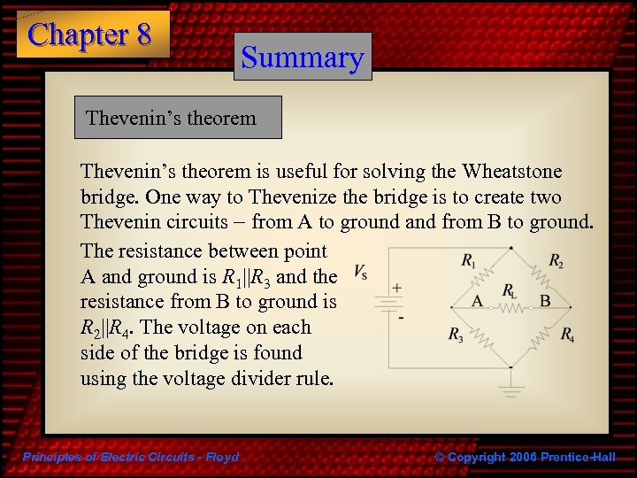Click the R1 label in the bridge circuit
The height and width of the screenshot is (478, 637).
467,260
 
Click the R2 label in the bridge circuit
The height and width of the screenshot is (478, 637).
556,260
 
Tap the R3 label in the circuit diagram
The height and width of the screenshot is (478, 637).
455,335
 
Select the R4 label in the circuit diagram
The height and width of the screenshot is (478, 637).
567,335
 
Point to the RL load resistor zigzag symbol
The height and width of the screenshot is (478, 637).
510,307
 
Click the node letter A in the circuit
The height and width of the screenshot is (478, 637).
477,301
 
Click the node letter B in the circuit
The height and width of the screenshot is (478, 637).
544,301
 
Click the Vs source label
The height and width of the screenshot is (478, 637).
361,270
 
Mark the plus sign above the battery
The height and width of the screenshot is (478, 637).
397,288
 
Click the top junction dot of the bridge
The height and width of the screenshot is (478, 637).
510,247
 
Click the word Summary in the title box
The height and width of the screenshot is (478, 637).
303,58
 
